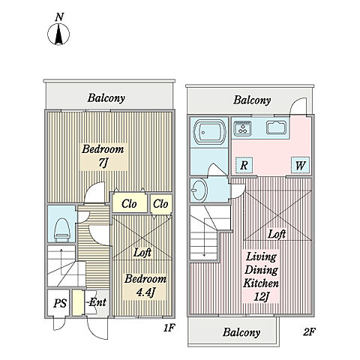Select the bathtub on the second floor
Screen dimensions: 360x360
click(x=209, y=132)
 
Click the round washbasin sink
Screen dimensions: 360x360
click(x=199, y=190)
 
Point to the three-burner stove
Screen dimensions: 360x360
click(x=242, y=129)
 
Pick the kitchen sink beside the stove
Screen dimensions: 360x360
click(x=276, y=127)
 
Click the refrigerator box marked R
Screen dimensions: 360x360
click(x=244, y=165)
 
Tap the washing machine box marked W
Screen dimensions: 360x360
click(x=300, y=165)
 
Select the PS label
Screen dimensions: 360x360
click(x=60, y=303)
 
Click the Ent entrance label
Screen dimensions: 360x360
click(x=97, y=302)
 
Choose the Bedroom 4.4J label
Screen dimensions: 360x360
click(x=145, y=286)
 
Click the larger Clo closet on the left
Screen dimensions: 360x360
click(x=129, y=204)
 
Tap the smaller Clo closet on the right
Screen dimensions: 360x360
click(x=160, y=204)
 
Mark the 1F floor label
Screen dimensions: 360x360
click(x=169, y=328)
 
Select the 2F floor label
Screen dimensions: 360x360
click(x=309, y=331)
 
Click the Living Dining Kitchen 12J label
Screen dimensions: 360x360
click(x=261, y=277)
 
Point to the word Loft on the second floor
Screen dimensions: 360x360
click(x=277, y=234)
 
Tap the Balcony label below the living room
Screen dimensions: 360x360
click(x=241, y=332)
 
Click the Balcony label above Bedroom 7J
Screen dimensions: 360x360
click(x=106, y=98)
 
